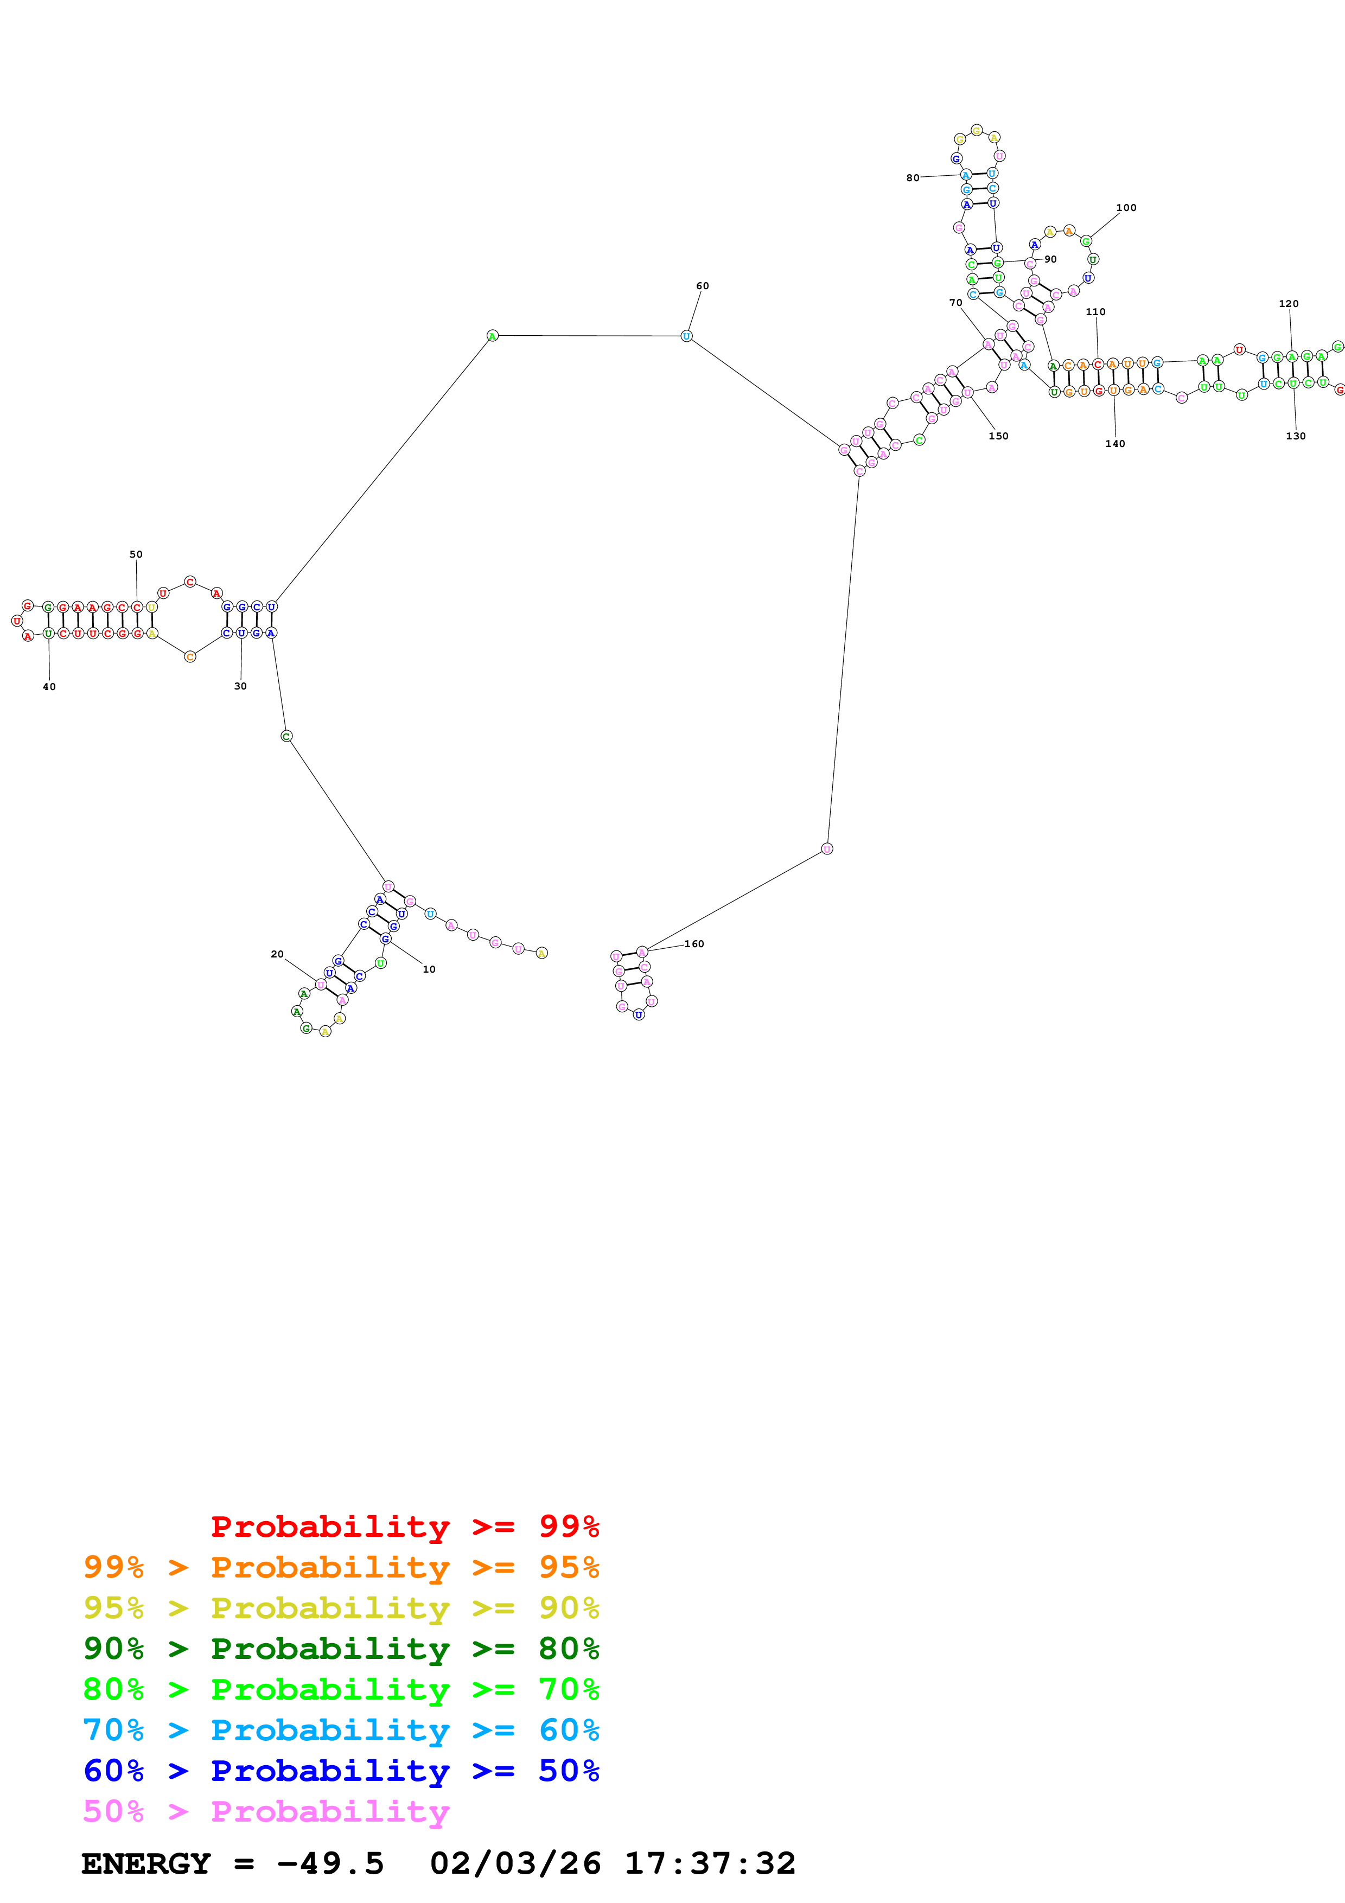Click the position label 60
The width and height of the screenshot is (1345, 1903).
coord(702,286)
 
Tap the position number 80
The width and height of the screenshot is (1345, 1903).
coord(913,178)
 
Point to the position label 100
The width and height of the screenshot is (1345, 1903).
coord(1126,208)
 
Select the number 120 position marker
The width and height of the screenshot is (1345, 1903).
coord(1289,304)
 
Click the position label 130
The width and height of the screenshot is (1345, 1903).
coord(1295,436)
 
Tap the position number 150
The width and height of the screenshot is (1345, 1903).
coord(999,436)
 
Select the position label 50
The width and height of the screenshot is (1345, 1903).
coord(136,554)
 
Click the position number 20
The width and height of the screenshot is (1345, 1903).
coord(277,954)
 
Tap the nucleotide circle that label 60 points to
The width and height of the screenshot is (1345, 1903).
coord(686,336)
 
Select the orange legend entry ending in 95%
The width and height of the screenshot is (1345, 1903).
coord(341,1567)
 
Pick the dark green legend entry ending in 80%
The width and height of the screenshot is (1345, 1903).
coord(341,1649)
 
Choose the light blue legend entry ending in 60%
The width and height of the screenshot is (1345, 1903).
coord(341,1730)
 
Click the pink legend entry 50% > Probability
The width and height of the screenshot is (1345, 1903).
coord(265,1811)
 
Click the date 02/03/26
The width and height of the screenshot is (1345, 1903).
coord(515,1863)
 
